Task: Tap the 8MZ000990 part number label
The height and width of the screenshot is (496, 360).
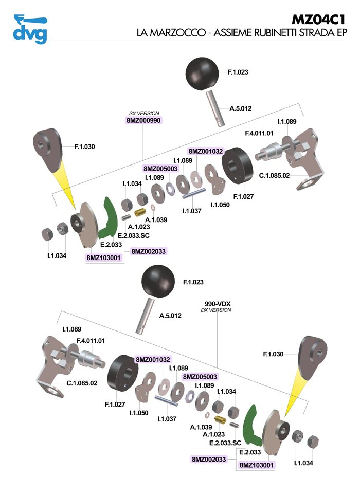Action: pyautogui.click(x=144, y=120)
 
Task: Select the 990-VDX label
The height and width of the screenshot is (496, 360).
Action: pyautogui.click(x=216, y=304)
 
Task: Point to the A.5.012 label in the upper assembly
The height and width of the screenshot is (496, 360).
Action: pyautogui.click(x=240, y=108)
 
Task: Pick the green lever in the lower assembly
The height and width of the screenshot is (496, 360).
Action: pyautogui.click(x=253, y=425)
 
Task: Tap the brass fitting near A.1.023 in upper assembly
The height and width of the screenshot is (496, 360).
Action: pyautogui.click(x=140, y=212)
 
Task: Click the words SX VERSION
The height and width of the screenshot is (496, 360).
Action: pyautogui.click(x=144, y=113)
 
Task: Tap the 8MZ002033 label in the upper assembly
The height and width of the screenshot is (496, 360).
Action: pyautogui.click(x=149, y=251)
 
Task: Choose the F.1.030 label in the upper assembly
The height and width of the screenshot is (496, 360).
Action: pyautogui.click(x=85, y=146)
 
